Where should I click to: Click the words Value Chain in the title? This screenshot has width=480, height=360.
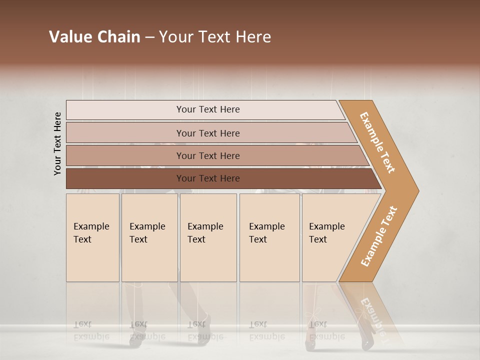[94, 37]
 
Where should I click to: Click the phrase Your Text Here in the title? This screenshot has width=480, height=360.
[215, 37]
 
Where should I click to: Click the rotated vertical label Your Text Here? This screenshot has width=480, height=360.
[57, 144]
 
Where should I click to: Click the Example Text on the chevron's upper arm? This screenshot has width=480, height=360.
[377, 142]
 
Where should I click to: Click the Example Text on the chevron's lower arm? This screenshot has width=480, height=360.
[379, 236]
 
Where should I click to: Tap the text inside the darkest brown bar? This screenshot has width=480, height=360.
[208, 178]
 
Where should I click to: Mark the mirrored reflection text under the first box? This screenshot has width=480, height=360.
[91, 331]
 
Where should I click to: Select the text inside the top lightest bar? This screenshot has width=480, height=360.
[208, 109]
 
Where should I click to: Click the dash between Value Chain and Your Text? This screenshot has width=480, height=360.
[149, 37]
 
